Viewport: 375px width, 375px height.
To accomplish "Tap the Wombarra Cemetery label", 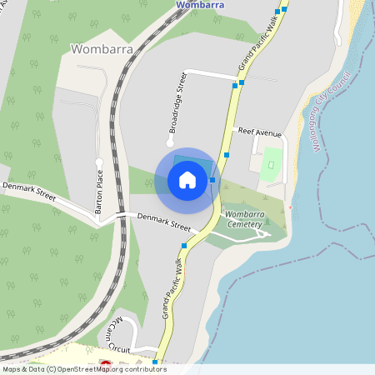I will click(244, 219).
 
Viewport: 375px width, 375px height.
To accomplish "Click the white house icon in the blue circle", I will click(187, 180).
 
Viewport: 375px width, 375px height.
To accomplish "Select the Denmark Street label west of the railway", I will click(28, 192).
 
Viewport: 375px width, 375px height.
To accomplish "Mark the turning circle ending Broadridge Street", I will click(169, 143).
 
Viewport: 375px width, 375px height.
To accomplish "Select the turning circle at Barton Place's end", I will click(98, 162).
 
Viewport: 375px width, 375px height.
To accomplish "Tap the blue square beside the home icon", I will click(213, 179).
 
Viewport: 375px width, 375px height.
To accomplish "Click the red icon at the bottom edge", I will click(106, 363).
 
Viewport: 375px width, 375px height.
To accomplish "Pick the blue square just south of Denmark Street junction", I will click(184, 245).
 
